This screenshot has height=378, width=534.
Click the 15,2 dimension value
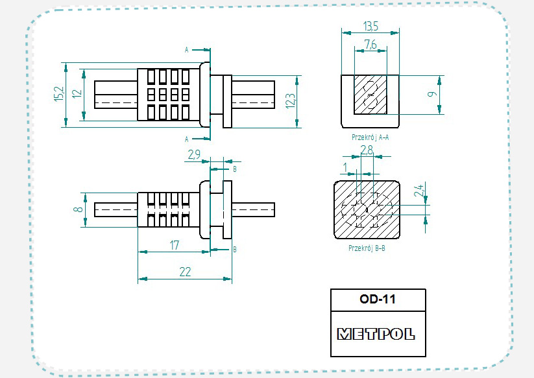coord(59,94)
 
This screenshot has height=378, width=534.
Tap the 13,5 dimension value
coord(370,27)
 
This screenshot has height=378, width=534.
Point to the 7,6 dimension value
coord(370,44)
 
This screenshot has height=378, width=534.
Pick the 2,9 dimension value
coord(194,155)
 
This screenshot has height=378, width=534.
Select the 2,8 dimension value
coord(367,150)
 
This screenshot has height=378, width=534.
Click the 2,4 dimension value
coord(419,191)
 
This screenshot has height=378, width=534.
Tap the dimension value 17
coord(175,245)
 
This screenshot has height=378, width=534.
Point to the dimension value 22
coord(185,272)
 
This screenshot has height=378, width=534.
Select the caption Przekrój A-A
coord(370,137)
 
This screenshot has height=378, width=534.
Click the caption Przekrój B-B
coord(367,248)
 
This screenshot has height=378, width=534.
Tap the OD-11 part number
coord(378,300)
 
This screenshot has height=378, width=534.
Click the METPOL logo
coord(377,335)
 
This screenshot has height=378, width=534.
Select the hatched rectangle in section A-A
coord(370,95)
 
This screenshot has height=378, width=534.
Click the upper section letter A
coord(187,50)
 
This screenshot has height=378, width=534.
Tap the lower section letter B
coord(234,249)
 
